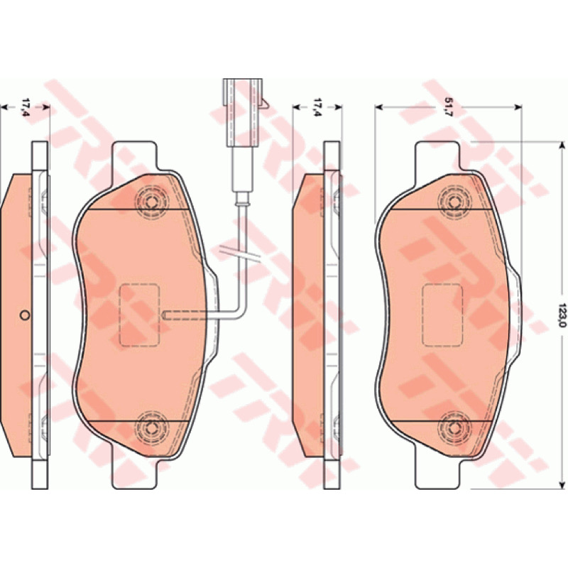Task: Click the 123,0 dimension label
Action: coord(562,315)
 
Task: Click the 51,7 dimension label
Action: coord(449,107)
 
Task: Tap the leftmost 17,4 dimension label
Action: coord(26,107)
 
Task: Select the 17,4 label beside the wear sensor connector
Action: coord(317,107)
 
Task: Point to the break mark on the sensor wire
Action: coord(240,253)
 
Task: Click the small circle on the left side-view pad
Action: coord(25,315)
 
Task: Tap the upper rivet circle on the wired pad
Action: coord(151,202)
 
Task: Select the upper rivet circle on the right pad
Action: coord(454,202)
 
